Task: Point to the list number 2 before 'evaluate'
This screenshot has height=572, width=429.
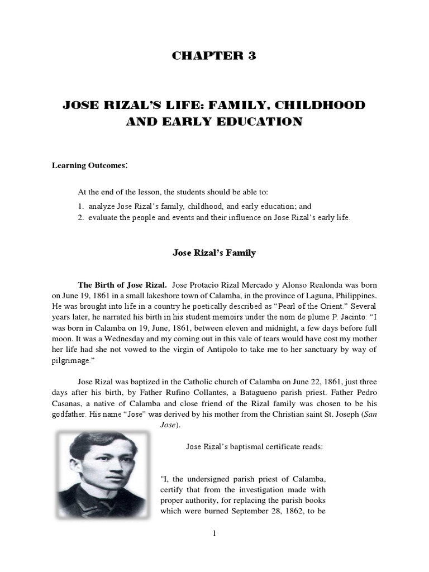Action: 80,217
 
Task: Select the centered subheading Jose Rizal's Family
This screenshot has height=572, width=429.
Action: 214,253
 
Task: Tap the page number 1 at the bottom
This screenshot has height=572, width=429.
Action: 214,534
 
